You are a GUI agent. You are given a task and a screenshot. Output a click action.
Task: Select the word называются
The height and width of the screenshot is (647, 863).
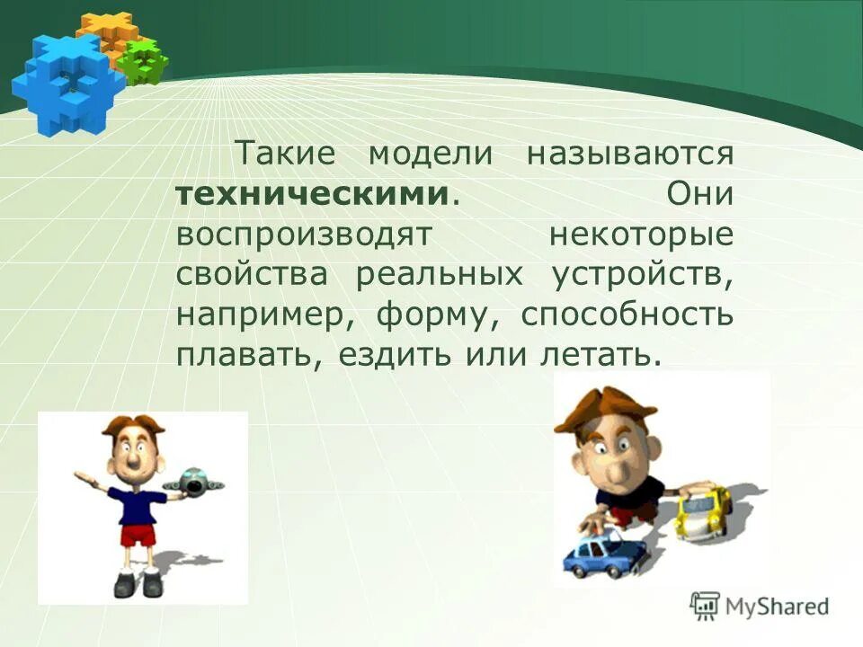click(x=630, y=154)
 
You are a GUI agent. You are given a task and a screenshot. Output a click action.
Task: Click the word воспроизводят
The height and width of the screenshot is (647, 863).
click(x=305, y=235)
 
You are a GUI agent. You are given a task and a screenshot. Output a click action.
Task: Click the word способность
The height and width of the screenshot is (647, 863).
click(x=627, y=315)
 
